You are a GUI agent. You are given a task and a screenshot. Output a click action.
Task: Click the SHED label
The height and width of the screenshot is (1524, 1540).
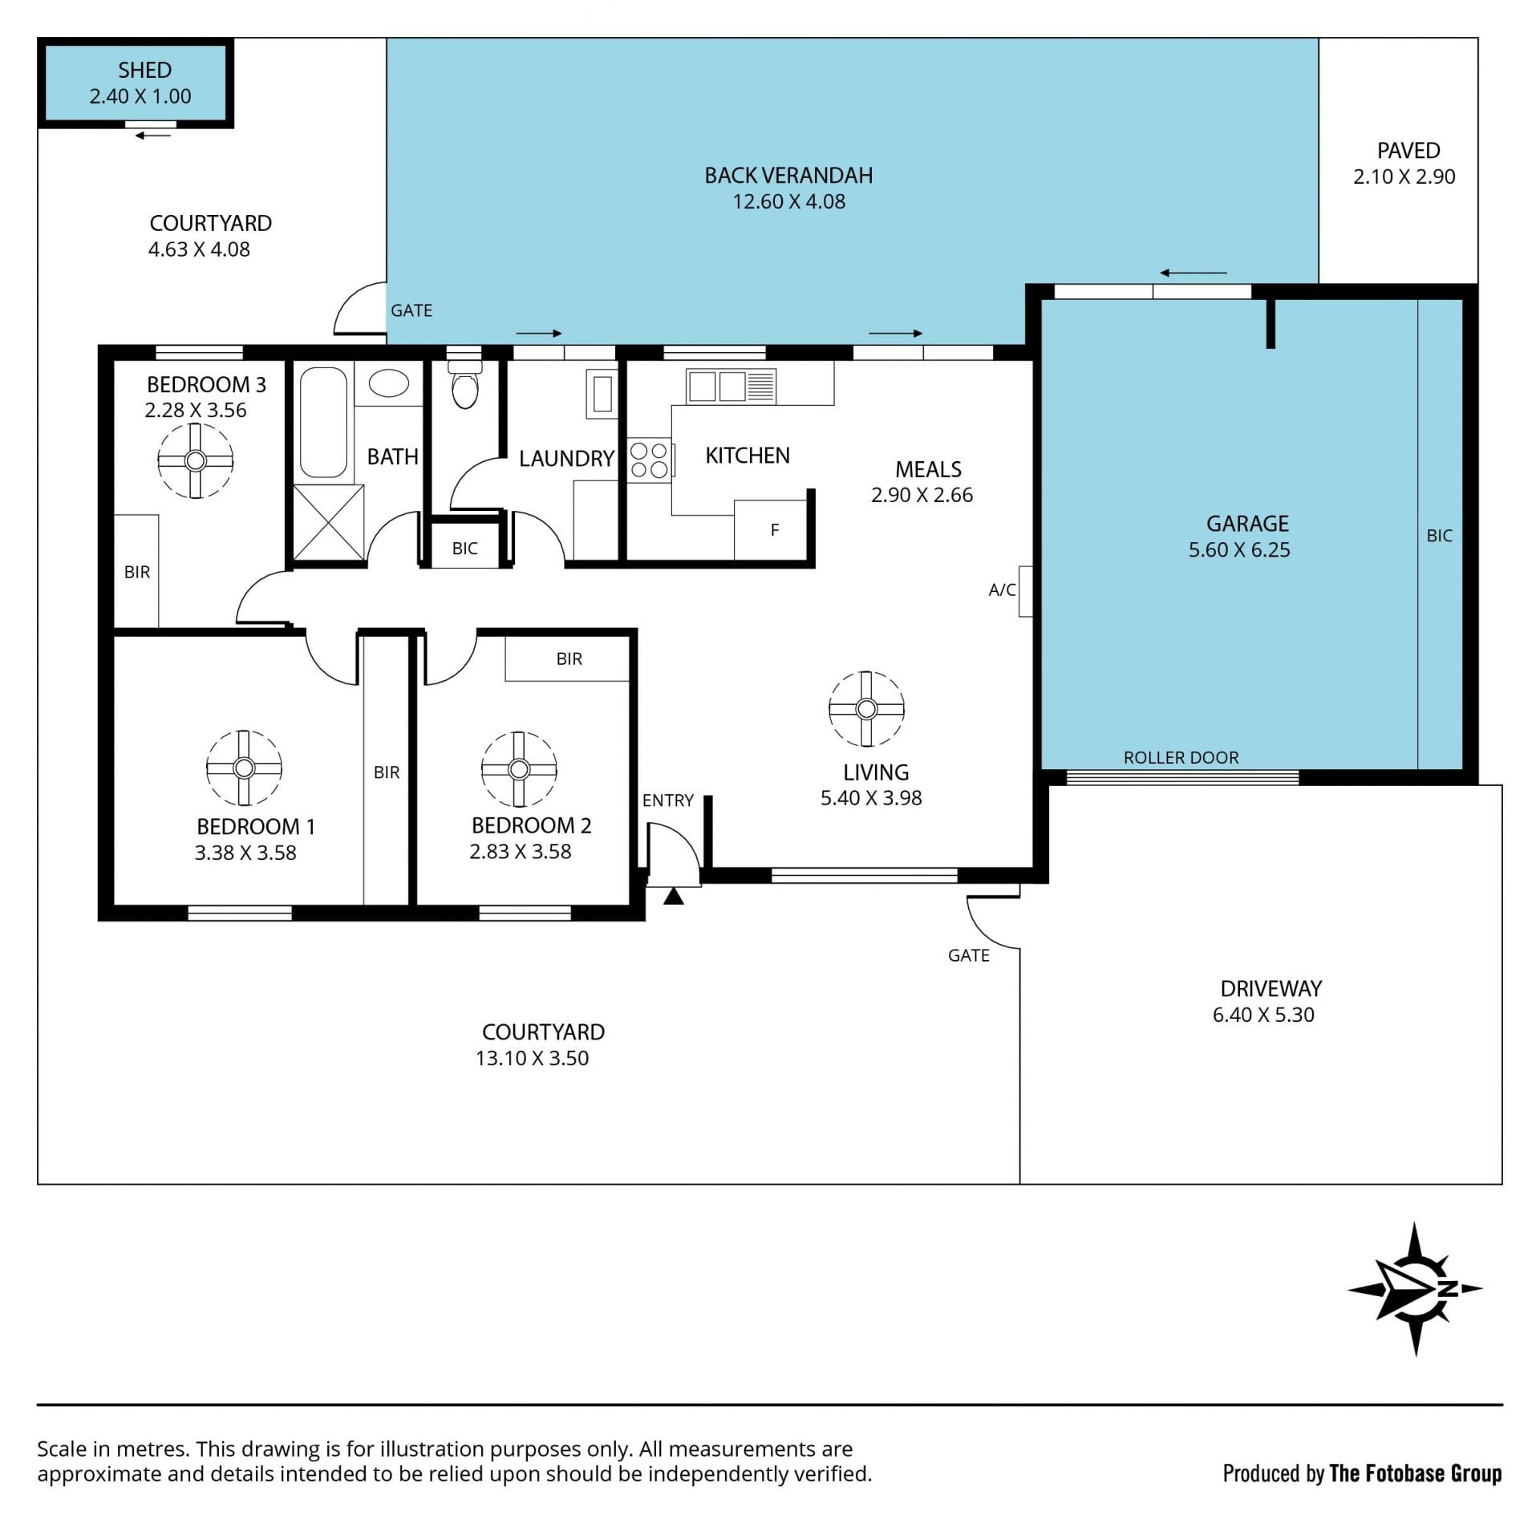point(144,70)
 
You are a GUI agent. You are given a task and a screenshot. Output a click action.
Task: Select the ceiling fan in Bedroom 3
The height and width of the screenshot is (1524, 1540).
point(195,460)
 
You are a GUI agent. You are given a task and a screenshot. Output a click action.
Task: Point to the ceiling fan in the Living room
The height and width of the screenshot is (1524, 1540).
point(866,709)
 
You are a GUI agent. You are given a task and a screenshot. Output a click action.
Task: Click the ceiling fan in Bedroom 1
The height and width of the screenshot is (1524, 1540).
point(244,768)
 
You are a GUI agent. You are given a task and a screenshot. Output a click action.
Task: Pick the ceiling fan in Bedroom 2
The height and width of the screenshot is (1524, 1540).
point(519,769)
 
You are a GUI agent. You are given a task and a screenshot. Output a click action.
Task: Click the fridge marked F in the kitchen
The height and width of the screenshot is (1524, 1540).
point(771,529)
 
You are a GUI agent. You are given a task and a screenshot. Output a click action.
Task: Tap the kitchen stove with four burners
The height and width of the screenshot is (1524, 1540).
point(650,460)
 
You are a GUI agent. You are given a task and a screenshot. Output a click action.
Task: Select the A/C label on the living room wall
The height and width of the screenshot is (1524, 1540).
point(1002,590)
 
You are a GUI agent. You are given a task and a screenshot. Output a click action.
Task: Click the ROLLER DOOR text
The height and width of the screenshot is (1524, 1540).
point(1181,757)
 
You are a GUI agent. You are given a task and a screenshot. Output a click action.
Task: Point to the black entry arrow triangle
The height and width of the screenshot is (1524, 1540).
point(674,896)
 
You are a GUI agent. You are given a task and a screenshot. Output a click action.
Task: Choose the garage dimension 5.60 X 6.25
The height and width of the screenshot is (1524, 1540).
point(1239,549)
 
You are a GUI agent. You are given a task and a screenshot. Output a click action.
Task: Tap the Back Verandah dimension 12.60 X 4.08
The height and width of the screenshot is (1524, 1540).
point(788,201)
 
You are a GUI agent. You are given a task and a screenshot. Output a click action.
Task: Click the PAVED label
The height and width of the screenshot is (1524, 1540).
point(1408,150)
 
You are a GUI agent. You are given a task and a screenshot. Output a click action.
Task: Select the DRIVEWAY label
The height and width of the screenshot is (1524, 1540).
point(1271,988)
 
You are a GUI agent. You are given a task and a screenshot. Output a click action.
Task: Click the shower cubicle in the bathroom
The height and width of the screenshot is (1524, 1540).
point(328,522)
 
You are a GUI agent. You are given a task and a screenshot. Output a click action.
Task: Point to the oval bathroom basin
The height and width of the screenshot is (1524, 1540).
point(389,383)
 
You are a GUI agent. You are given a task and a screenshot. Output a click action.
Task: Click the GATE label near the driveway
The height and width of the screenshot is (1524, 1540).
point(969,955)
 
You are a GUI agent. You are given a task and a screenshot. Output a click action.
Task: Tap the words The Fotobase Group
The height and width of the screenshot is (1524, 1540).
point(1416,1473)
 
